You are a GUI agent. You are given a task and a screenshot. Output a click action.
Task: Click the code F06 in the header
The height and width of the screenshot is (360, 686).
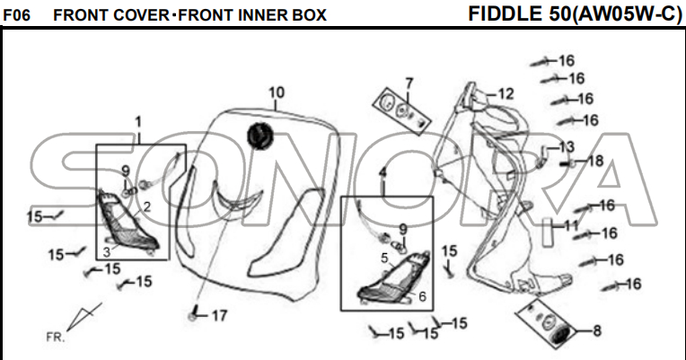point(19,15)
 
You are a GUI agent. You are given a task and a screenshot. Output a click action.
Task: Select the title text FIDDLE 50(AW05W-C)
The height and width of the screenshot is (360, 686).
point(575,13)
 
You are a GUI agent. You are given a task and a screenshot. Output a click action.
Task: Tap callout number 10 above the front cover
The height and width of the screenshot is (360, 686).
point(277,92)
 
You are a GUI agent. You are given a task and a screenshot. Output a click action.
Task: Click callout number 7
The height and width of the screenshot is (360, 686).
point(409,83)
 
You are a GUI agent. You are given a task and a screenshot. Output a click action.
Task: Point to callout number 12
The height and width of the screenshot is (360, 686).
point(506,93)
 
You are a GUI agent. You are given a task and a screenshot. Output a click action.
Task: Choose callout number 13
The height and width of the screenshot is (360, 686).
point(567,146)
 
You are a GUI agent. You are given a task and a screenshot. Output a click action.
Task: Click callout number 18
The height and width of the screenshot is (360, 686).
point(596,162)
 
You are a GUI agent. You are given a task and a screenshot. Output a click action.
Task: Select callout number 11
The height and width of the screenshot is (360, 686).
point(572,225)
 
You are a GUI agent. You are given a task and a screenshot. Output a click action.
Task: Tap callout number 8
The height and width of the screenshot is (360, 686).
point(596,330)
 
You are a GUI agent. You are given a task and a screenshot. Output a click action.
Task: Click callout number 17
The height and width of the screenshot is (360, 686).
point(219,315)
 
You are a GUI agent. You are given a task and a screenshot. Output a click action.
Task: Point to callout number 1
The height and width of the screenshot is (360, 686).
point(139,121)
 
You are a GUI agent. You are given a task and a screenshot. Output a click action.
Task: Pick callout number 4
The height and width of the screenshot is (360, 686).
point(383,172)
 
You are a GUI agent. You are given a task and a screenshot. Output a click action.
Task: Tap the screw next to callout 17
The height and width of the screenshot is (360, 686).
point(194,316)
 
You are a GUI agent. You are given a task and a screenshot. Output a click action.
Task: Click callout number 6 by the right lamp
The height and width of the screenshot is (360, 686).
point(422,296)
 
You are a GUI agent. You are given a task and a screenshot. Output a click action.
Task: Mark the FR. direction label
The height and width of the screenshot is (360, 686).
point(56,338)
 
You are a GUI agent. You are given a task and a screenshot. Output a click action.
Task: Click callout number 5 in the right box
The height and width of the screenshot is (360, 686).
point(383,258)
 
